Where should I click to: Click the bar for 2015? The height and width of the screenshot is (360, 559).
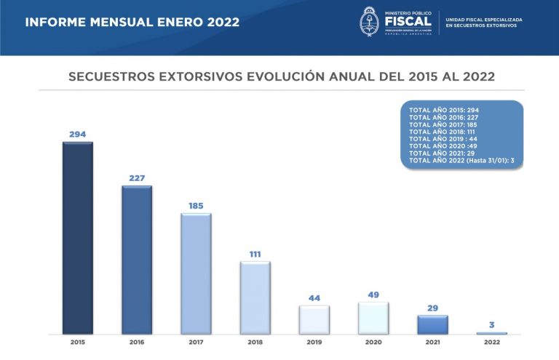coord(77,238)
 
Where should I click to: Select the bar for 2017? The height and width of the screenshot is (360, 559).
coord(196,273)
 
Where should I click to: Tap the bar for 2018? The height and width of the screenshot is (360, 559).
coord(255,297)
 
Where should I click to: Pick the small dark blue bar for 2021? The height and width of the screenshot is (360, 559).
coord(432,324)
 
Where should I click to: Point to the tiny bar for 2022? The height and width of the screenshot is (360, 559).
coord(491,333)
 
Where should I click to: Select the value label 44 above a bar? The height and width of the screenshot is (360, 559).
coord(314,298)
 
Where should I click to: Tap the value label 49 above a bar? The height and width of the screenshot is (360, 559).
coord(373,295)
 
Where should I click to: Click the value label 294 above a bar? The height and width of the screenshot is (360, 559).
coord(77,135)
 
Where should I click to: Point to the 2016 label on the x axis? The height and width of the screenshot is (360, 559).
coord(137,341)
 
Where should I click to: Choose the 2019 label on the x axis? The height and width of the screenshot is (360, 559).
coord(314,341)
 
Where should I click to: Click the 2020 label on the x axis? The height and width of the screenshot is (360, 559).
coord(373,341)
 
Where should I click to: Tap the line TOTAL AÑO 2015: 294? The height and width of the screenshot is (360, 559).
coord(444,108)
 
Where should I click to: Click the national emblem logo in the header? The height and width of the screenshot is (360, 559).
coord(370,21)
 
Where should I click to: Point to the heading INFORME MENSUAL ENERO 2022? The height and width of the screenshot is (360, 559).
coord(132,22)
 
